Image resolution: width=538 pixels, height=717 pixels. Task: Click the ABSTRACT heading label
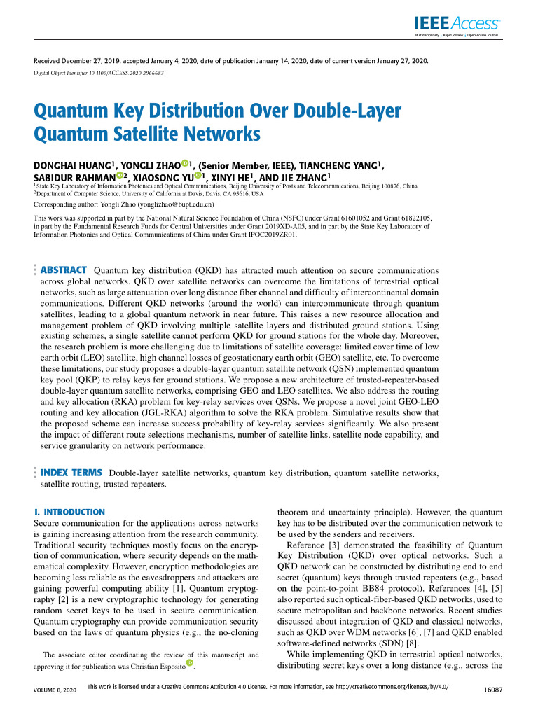coord(64,270)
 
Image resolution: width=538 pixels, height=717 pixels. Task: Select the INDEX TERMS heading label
coord(72,473)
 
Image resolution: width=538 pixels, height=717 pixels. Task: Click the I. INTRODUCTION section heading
coord(69,512)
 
